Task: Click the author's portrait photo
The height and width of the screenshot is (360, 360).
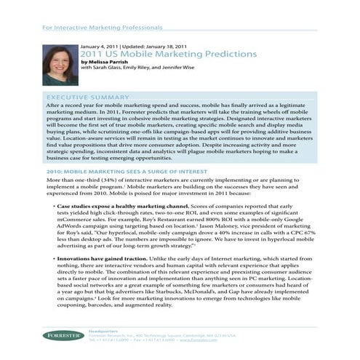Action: tap(58, 65)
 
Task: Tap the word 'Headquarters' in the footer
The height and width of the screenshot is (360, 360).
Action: tap(102, 330)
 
